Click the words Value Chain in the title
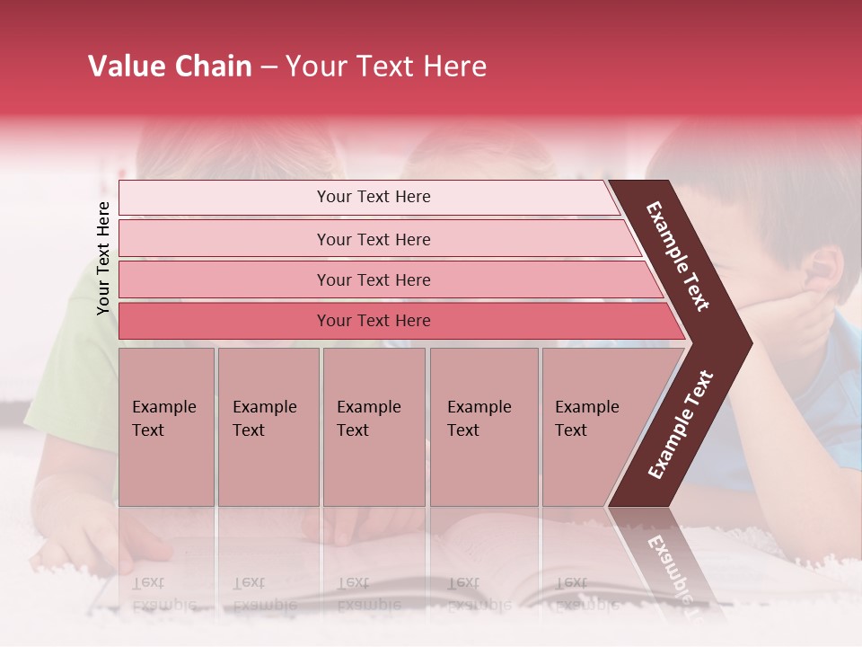pyautogui.click(x=170, y=66)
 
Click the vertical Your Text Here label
pyautogui.click(x=103, y=258)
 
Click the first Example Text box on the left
pyautogui.click(x=166, y=427)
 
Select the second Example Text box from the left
pyautogui.click(x=268, y=427)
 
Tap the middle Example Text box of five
pyautogui.click(x=374, y=427)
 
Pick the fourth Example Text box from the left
pyautogui.click(x=483, y=427)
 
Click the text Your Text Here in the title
pyautogui.click(x=386, y=66)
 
